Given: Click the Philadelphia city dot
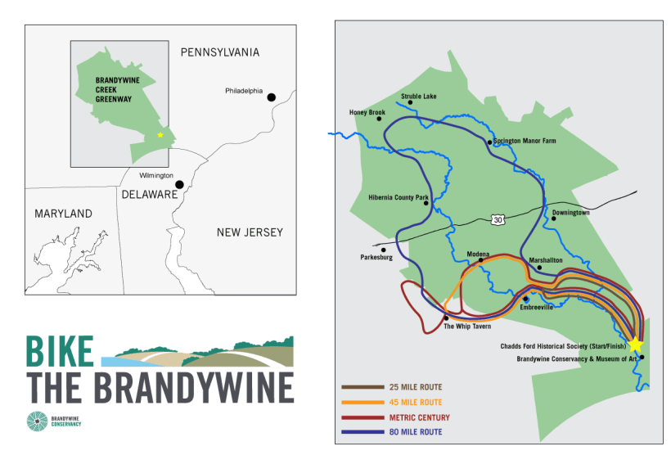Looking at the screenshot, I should (x=272, y=97).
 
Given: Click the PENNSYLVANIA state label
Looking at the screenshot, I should (x=219, y=52).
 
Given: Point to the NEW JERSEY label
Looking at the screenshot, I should (x=250, y=232).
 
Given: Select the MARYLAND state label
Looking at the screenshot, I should (x=63, y=214).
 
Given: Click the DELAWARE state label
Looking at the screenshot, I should (x=150, y=195).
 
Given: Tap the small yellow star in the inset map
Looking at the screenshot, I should (x=160, y=135).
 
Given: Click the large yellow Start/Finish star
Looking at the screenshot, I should (x=635, y=345).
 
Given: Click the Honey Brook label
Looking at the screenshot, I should (x=367, y=112).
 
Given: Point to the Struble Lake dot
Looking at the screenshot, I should (x=410, y=103).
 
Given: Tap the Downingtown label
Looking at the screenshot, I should (x=570, y=212).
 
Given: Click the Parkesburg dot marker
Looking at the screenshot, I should (x=383, y=250).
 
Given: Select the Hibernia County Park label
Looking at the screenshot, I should (x=399, y=196).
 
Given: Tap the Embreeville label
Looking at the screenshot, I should (x=537, y=307).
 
